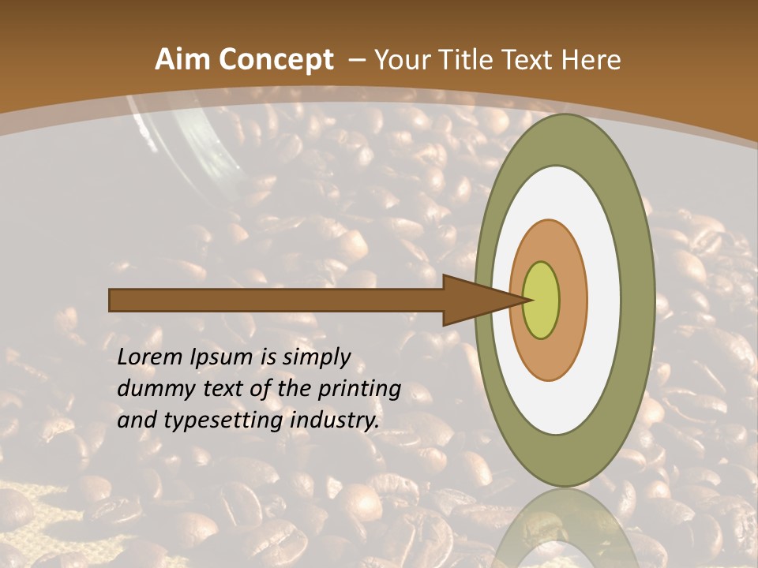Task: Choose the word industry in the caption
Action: [x=334, y=420]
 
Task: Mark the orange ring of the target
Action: [x=572, y=300]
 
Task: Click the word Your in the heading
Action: [x=402, y=60]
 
